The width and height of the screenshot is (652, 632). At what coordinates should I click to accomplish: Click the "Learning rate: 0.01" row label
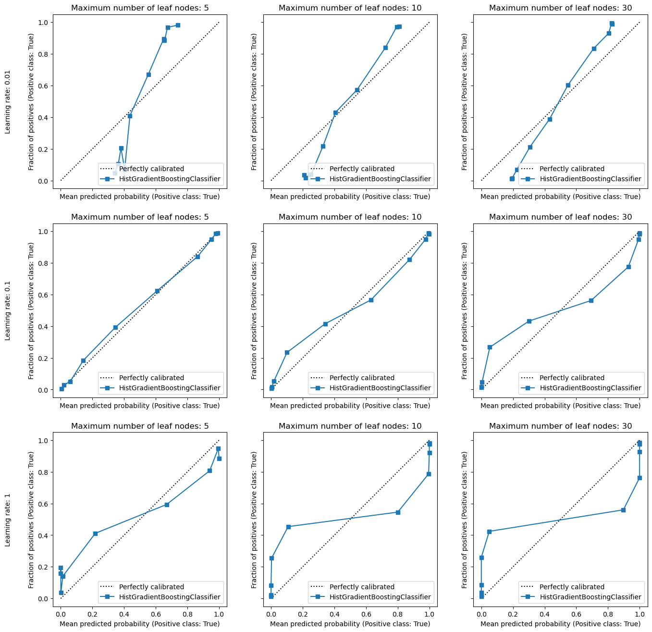click(7, 101)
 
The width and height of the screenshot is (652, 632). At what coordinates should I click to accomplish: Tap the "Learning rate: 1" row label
click(7, 520)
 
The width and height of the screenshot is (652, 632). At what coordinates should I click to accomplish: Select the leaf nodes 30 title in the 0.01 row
click(560, 8)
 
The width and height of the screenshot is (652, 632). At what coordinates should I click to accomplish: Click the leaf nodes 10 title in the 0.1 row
click(350, 217)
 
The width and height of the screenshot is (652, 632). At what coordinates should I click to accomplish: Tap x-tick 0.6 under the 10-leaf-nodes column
click(366, 614)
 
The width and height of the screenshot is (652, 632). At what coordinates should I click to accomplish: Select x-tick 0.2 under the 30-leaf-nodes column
click(513, 614)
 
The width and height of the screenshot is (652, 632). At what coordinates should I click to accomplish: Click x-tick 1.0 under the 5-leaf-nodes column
click(219, 614)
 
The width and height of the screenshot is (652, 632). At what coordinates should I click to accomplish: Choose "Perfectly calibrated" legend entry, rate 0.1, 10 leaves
click(361, 378)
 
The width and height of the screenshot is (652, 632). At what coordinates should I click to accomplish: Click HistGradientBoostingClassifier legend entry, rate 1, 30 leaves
click(590, 597)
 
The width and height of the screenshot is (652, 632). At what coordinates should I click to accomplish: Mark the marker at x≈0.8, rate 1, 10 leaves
click(398, 512)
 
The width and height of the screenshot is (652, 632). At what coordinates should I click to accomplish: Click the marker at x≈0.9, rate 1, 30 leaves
click(623, 510)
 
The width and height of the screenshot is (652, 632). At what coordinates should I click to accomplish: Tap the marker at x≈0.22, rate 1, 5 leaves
click(95, 533)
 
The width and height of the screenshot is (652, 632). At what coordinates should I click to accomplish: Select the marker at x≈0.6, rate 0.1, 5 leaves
click(157, 291)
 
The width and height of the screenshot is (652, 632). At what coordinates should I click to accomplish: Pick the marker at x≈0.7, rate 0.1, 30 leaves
click(590, 300)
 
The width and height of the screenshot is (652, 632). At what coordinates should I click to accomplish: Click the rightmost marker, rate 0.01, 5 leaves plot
click(178, 25)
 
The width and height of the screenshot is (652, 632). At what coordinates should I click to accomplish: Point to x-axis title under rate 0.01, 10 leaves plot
click(350, 197)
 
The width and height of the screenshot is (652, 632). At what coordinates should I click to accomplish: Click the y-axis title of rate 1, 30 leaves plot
click(464, 520)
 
